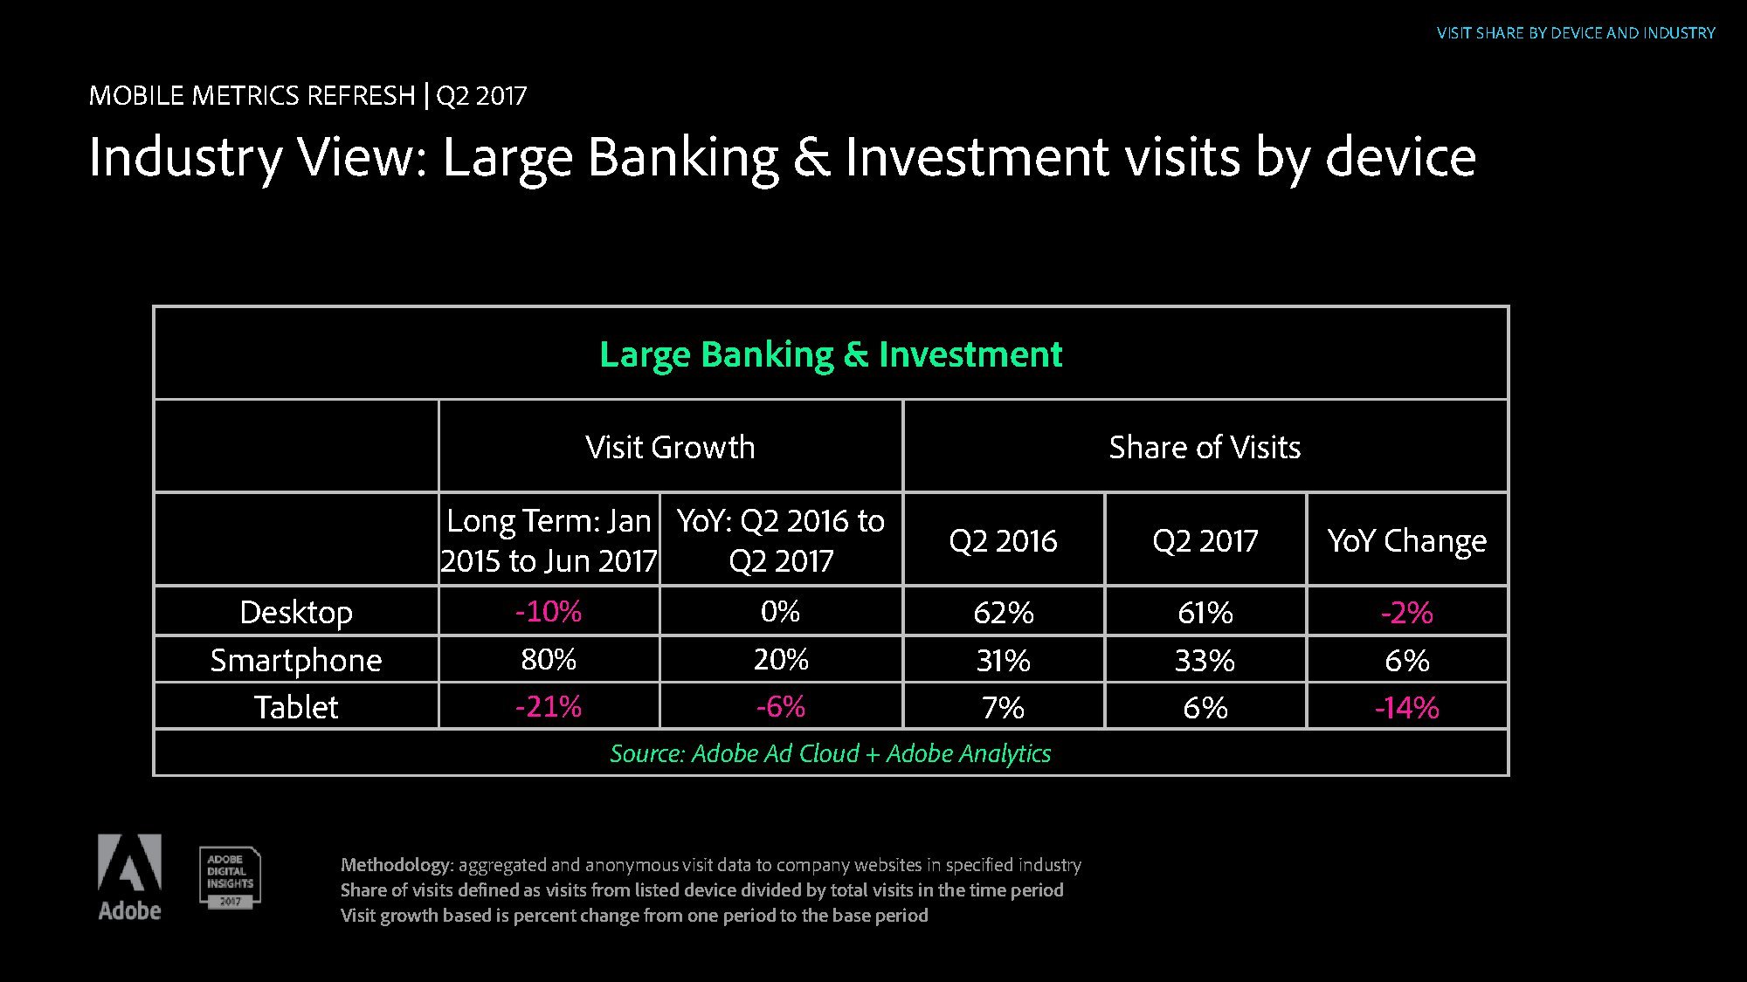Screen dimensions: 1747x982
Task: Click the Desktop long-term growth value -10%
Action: click(x=549, y=611)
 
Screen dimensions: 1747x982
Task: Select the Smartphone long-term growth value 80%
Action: click(x=549, y=659)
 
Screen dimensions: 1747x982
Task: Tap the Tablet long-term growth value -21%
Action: click(x=549, y=706)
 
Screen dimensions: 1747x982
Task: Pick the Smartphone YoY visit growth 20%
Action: click(x=781, y=659)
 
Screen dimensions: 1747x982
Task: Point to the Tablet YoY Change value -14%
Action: click(x=1407, y=707)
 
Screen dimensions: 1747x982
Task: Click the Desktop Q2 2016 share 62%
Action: click(x=1004, y=612)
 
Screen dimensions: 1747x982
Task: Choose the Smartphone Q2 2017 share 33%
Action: click(x=1205, y=660)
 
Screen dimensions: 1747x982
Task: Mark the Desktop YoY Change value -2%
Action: click(x=1407, y=612)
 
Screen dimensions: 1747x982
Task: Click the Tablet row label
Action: click(x=296, y=706)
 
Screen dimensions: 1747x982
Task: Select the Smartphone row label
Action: click(x=296, y=660)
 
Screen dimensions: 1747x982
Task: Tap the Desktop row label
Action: click(x=296, y=612)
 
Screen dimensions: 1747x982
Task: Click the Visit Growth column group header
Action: click(x=670, y=447)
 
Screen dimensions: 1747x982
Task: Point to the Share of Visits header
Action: click(x=1205, y=447)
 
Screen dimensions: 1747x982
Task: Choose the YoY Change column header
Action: click(x=1407, y=540)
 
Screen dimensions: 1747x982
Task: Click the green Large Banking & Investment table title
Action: click(x=831, y=354)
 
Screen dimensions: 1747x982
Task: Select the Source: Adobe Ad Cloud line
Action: click(x=831, y=753)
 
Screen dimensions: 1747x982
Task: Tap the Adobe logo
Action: click(x=129, y=877)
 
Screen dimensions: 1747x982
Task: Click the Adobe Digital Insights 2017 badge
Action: click(x=230, y=877)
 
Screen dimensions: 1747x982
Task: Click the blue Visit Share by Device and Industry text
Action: click(x=1577, y=33)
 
